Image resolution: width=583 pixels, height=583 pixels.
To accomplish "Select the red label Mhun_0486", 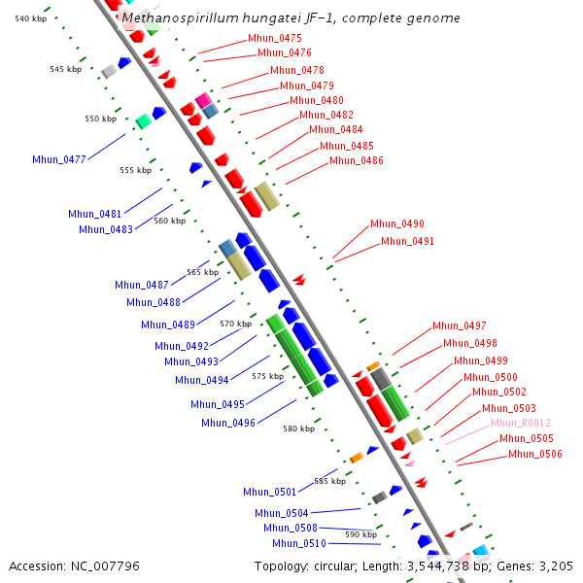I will coord(356,161).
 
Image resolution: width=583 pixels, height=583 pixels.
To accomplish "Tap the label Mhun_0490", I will coord(396,224).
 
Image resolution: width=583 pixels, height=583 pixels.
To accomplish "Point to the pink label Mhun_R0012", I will coord(520,424).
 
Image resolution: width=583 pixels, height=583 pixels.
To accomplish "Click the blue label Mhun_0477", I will coord(59,159).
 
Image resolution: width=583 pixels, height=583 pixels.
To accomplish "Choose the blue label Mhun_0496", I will coord(228,423).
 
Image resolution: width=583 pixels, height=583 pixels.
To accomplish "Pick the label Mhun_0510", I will coord(299,544).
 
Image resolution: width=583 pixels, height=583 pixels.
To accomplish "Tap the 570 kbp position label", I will coord(235,324).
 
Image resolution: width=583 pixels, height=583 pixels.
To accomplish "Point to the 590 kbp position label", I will coord(361,535).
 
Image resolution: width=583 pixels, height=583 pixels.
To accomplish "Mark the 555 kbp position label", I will coord(135,170).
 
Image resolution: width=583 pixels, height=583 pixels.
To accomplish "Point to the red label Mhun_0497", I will coord(460,326).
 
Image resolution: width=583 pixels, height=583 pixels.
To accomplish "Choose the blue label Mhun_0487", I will coord(142,285).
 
